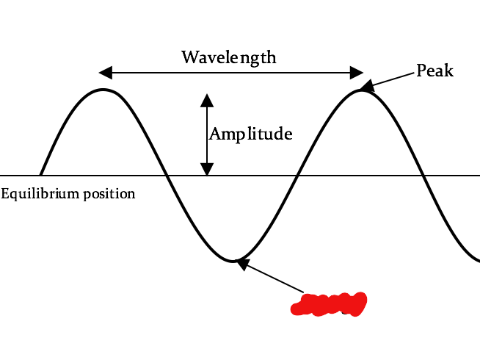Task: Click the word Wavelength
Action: (x=229, y=57)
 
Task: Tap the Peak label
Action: (x=434, y=71)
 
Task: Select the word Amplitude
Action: (x=251, y=134)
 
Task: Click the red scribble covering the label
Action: (x=329, y=303)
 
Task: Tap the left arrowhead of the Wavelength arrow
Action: (x=106, y=72)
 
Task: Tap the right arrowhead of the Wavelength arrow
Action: (x=357, y=72)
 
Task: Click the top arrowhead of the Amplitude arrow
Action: (x=207, y=99)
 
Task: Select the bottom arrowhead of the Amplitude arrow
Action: (x=207, y=169)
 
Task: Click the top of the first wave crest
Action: (x=104, y=90)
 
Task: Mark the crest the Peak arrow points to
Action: (x=360, y=90)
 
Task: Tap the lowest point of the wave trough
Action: (x=233, y=261)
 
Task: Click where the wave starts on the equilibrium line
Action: (x=40, y=176)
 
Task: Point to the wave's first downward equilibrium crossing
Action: (x=168, y=176)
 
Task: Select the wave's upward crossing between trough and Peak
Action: (x=297, y=176)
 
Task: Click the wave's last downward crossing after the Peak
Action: (x=423, y=176)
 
